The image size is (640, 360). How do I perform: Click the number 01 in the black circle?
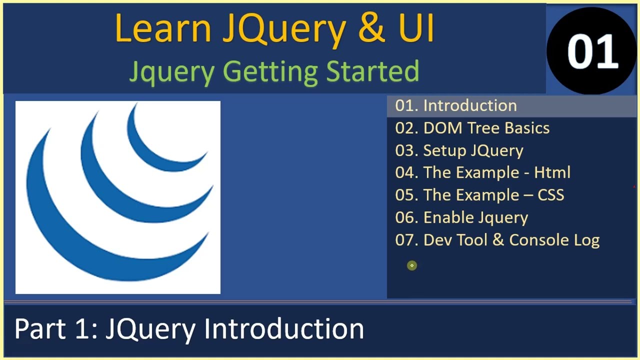pyautogui.click(x=592, y=51)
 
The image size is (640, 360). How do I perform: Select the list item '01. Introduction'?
pyautogui.click(x=456, y=105)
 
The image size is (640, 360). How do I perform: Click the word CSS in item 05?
pyautogui.click(x=551, y=194)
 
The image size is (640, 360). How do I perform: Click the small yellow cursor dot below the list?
pyautogui.click(x=411, y=265)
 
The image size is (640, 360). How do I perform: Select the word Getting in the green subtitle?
pyautogui.click(x=270, y=71)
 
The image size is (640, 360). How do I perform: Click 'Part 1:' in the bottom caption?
pyautogui.click(x=55, y=329)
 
